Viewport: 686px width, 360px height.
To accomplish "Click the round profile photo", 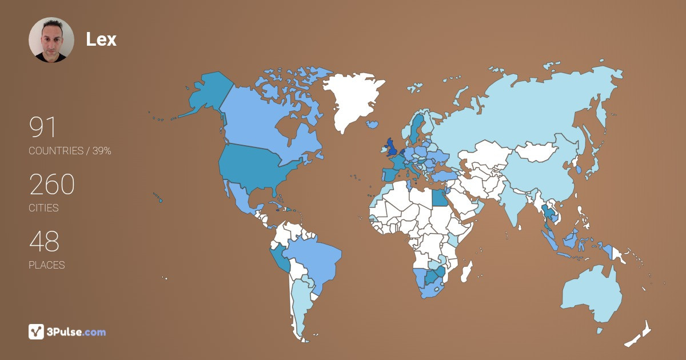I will coord(51,39).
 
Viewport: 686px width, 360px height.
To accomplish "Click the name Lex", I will coord(101,39).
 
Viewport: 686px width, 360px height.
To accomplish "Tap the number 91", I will coord(43,127).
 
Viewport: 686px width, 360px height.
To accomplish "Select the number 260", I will coord(52,185).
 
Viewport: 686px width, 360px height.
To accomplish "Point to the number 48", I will coord(44,242).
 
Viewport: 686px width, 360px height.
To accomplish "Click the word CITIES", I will coord(43,208).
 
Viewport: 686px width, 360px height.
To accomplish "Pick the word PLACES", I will coord(47,265).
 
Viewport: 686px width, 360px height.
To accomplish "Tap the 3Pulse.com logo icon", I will coord(36,331).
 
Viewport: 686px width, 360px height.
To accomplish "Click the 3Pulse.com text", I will coord(77,332).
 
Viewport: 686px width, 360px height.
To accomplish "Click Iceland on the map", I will coord(374,124).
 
